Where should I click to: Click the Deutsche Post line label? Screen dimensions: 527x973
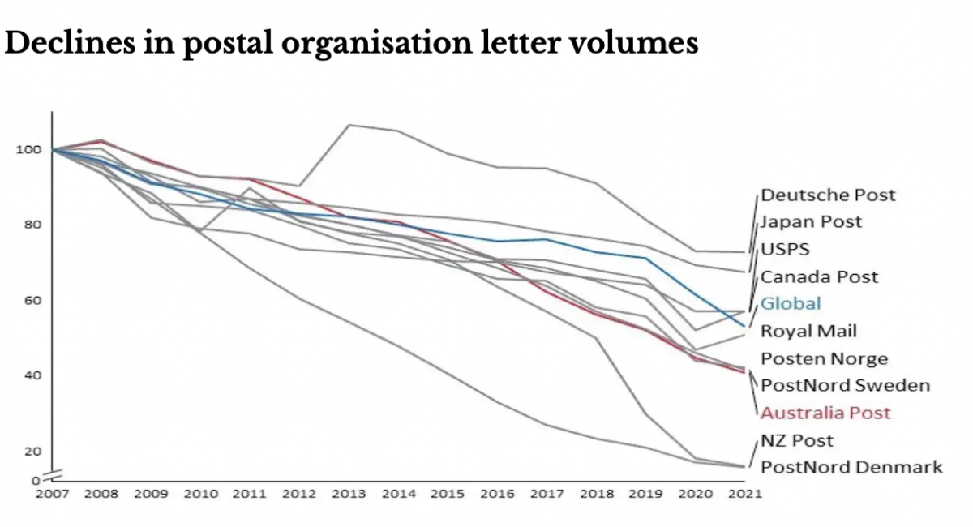click(828, 195)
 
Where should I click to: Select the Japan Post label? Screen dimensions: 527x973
click(811, 221)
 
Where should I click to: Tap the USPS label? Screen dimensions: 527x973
click(785, 249)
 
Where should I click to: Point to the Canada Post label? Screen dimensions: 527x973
click(819, 276)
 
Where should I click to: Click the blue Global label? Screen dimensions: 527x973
click(791, 303)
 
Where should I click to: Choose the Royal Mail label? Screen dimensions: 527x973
click(808, 331)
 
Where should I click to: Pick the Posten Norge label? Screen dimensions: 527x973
click(824, 358)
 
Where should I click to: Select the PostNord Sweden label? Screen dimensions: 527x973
click(845, 385)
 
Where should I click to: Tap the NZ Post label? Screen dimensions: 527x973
click(797, 440)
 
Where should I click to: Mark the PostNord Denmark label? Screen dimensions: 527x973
click(851, 467)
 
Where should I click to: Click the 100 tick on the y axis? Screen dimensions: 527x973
click(27, 149)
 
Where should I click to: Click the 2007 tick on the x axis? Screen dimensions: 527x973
click(52, 494)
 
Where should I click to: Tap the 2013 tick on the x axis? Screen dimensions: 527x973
click(349, 494)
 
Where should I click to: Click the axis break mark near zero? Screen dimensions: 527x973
click(52, 474)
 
